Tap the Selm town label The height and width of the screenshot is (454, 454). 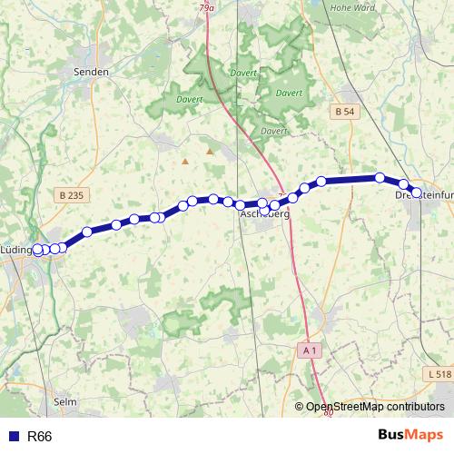(65, 400)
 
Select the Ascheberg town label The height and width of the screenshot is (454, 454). (264, 215)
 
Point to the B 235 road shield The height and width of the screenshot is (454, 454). (69, 194)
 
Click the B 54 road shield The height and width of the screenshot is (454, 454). (343, 111)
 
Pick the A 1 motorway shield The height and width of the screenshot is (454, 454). (310, 349)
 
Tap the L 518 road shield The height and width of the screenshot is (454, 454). (437, 373)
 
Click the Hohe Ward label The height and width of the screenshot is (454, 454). (351, 8)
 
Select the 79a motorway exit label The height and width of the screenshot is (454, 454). (209, 8)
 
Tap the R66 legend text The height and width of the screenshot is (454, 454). (40, 437)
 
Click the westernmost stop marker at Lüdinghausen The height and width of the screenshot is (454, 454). (38, 251)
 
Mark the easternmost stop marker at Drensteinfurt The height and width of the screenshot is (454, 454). (417, 192)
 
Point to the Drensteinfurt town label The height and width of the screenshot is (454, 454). (424, 194)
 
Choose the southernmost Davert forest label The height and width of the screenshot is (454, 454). (273, 131)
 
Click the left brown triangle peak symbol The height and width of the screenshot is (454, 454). (185, 162)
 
